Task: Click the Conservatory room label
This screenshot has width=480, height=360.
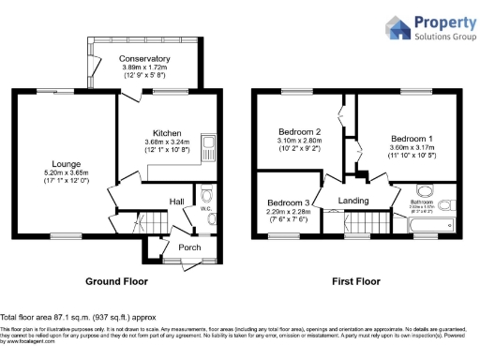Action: pos(143,59)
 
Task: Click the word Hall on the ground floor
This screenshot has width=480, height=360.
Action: pos(176,202)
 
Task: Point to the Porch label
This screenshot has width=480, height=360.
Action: pos(190,247)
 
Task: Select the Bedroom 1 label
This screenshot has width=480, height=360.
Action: pos(409,138)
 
